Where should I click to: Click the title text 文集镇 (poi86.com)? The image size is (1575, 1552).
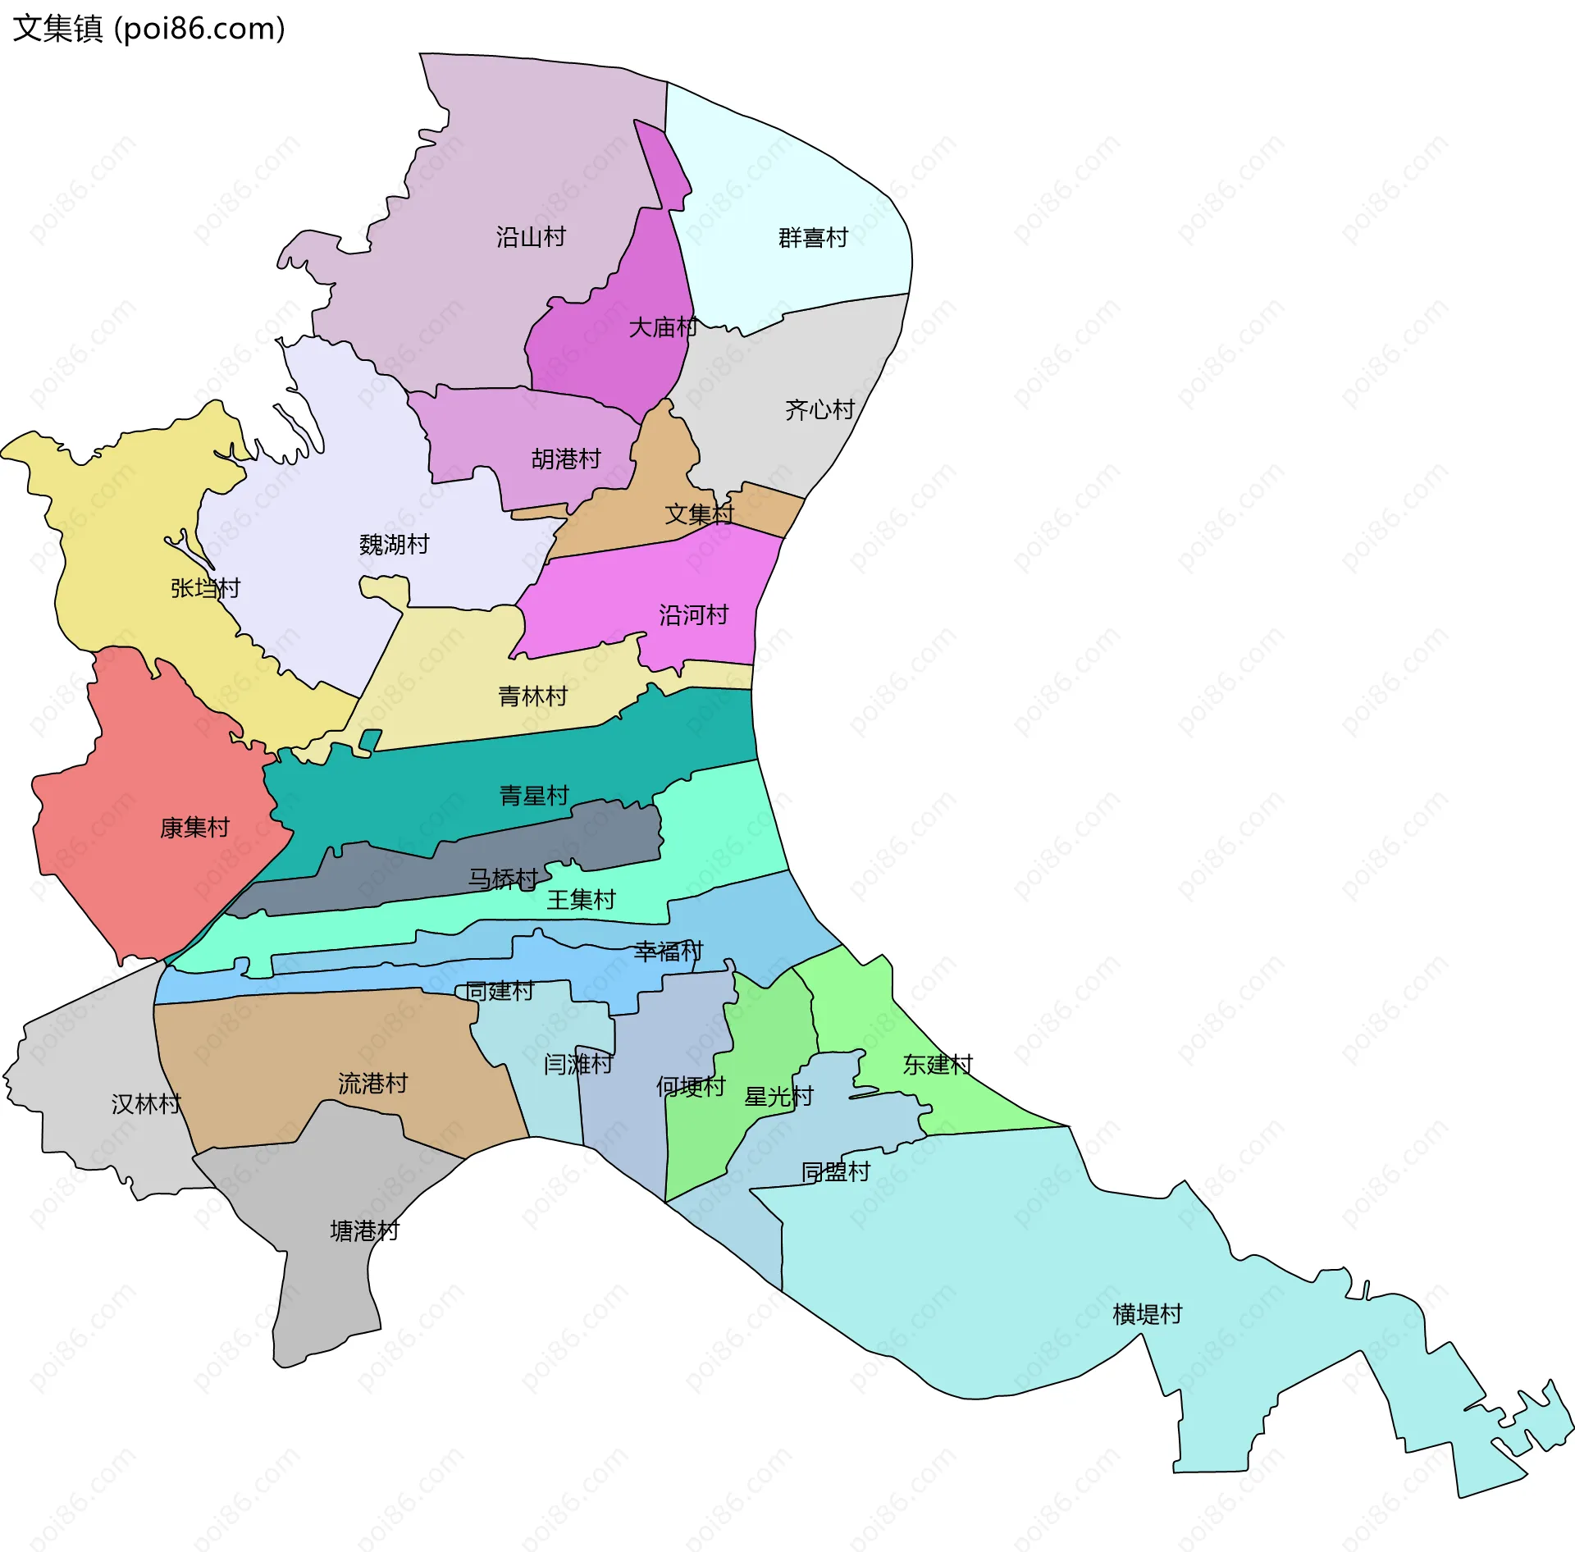[149, 29]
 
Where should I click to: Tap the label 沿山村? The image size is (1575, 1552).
[531, 237]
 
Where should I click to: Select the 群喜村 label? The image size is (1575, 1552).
[813, 238]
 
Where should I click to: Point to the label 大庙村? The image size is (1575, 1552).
[663, 327]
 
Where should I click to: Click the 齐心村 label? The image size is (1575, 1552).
[819, 409]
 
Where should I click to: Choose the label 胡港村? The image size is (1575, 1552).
[566, 459]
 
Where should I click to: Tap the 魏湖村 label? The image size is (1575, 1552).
[394, 544]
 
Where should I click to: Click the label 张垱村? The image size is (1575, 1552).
[205, 588]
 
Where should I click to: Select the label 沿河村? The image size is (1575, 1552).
[693, 614]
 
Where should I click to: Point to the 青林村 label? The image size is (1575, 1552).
[532, 696]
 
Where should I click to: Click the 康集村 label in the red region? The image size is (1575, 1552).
[194, 827]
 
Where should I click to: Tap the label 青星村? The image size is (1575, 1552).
[534, 795]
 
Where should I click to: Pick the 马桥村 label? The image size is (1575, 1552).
[502, 879]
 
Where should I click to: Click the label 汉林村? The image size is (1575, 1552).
[146, 1103]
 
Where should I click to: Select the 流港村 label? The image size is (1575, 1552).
[372, 1083]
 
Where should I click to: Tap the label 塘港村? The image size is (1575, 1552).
[364, 1230]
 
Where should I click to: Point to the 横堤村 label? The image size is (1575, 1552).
[1147, 1313]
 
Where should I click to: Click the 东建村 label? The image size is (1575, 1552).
[938, 1064]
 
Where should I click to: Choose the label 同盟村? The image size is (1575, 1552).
[835, 1171]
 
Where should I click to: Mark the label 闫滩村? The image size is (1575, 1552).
[578, 1064]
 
